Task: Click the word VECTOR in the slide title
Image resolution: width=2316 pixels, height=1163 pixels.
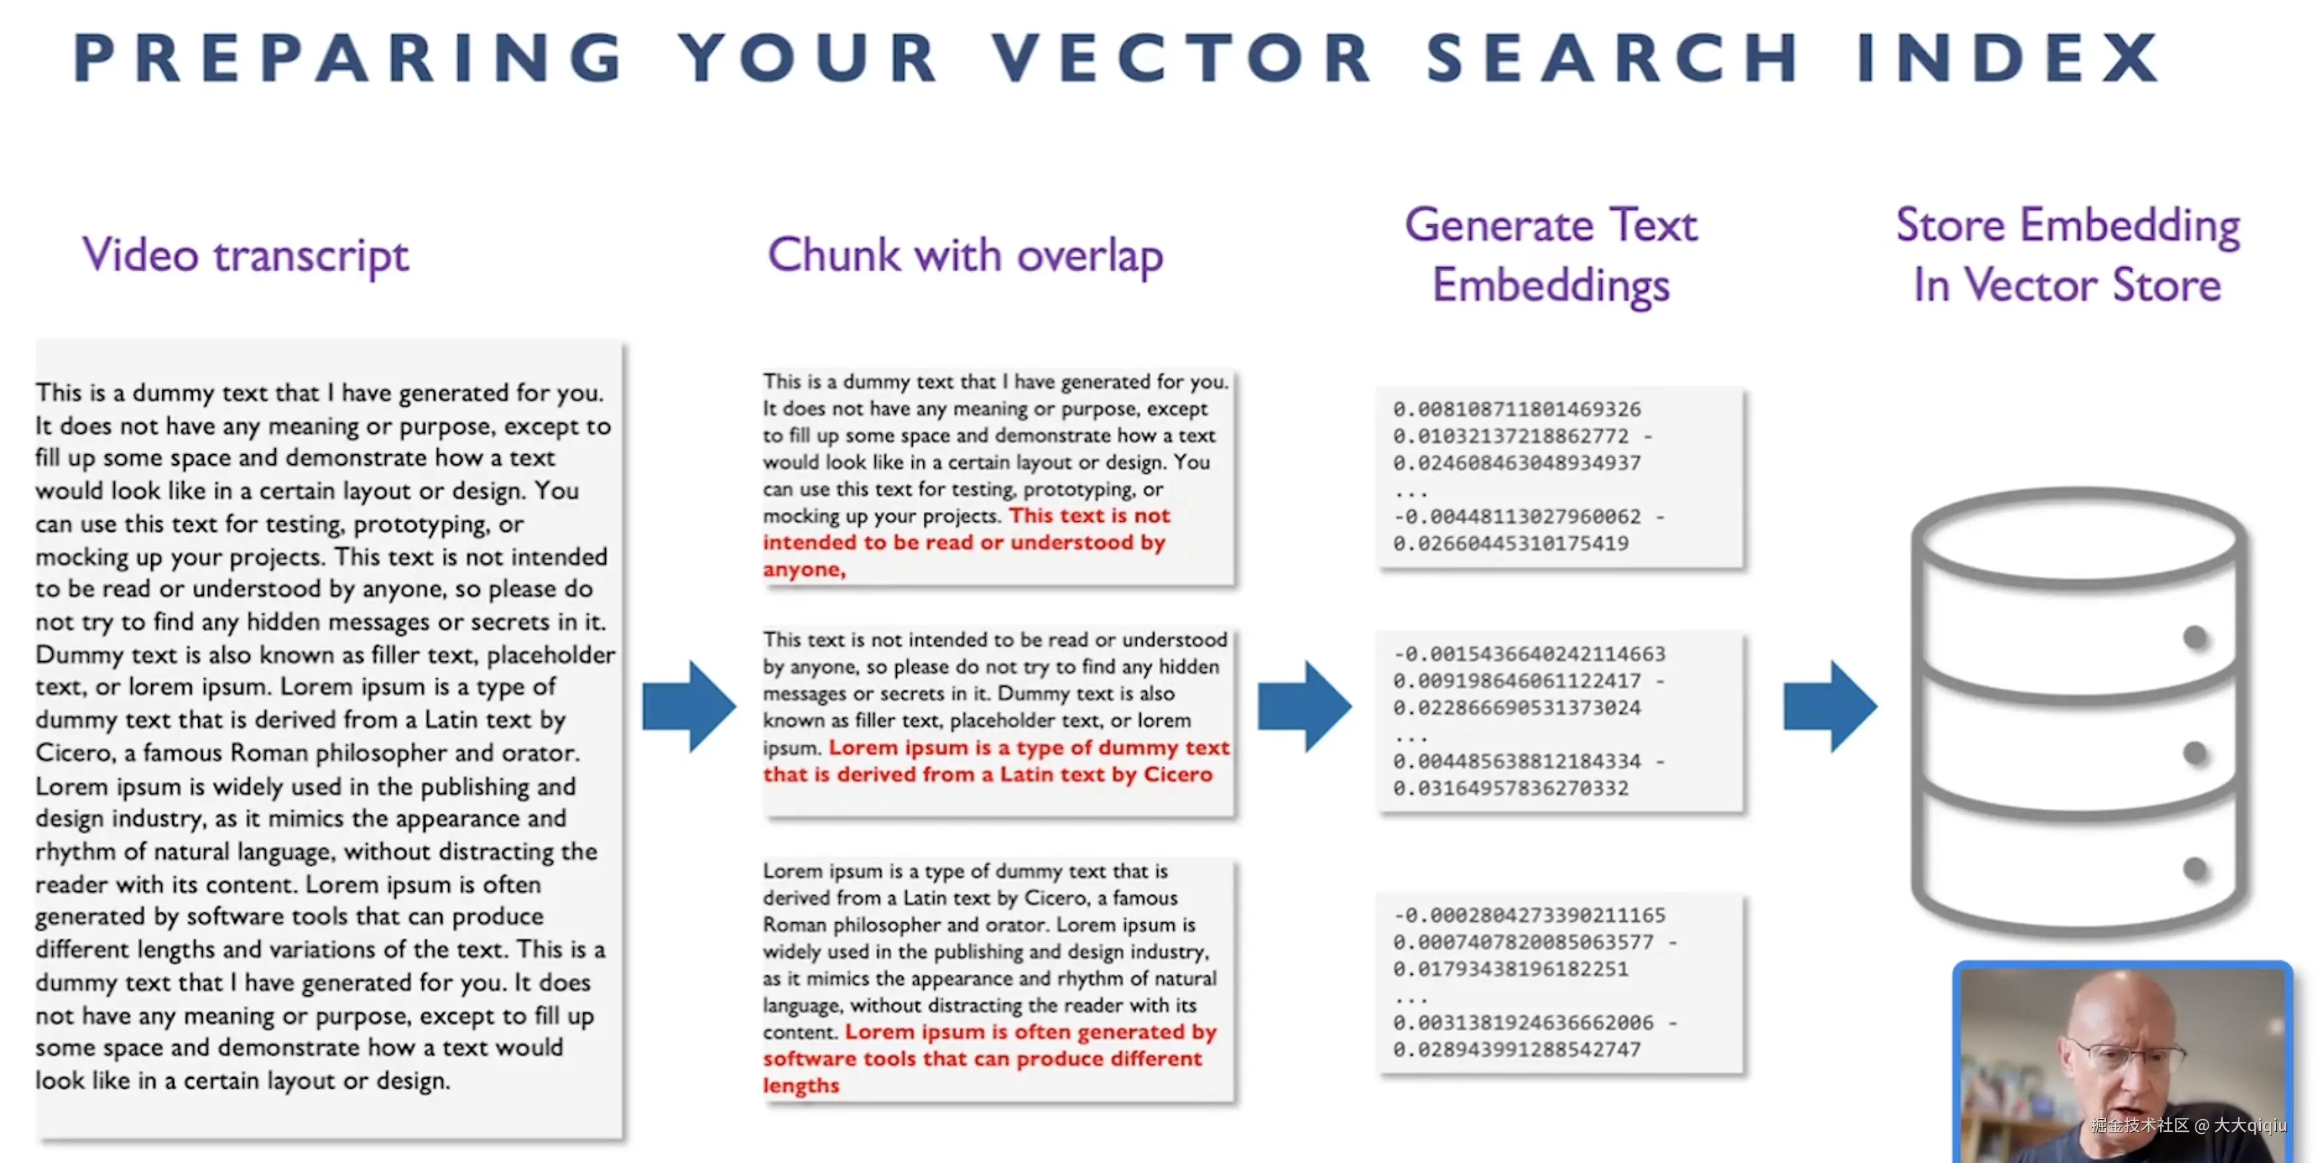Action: coord(1183,58)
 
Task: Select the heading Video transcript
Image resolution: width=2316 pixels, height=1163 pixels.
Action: coord(245,255)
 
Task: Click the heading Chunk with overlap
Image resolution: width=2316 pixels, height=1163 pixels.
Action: coord(964,255)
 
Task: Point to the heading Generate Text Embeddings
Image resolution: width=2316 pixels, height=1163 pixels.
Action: coord(1551,255)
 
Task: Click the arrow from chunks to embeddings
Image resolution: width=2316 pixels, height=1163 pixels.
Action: coord(1304,706)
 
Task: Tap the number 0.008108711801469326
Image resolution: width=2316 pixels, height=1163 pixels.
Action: coord(1517,409)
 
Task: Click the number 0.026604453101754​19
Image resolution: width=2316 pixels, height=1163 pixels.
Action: coord(1511,543)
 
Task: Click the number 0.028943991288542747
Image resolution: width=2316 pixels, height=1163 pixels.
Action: coord(1517,1050)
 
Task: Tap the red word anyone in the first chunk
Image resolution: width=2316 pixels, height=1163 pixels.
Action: coord(803,570)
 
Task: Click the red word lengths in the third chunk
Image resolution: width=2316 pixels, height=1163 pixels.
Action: coord(801,1085)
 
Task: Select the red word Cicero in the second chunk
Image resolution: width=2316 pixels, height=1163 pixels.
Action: coord(1178,774)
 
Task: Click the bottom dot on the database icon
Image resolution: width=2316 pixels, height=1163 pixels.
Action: coord(2195,869)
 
